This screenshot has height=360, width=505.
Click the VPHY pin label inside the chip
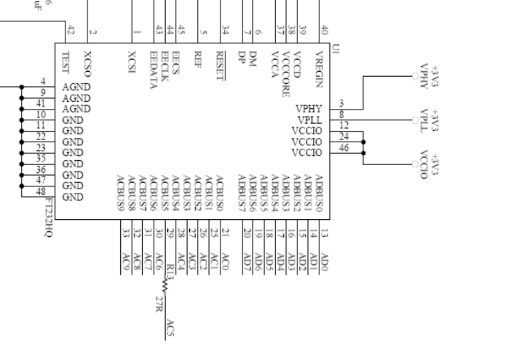309,108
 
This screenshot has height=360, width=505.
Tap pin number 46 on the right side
344,148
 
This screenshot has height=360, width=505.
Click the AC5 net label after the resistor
170,328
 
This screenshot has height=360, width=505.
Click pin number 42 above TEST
70,29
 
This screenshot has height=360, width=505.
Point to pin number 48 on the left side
42,191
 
